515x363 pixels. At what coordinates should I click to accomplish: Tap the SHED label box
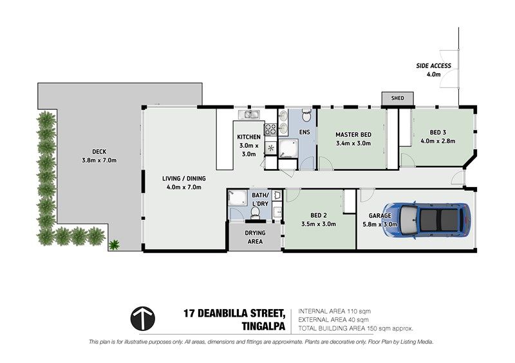(x=397, y=98)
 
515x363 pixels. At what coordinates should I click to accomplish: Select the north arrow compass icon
(x=143, y=319)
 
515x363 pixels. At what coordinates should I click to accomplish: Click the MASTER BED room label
(x=353, y=134)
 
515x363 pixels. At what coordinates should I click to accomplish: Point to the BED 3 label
(x=438, y=132)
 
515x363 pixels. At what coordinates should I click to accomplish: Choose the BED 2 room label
(x=318, y=215)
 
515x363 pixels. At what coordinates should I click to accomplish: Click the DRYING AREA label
(x=255, y=237)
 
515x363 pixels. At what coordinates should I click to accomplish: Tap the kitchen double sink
(x=249, y=114)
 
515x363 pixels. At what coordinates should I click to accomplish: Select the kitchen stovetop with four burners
(x=270, y=129)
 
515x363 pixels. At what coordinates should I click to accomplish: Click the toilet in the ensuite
(x=306, y=115)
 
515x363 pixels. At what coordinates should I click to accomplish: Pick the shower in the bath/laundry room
(x=238, y=197)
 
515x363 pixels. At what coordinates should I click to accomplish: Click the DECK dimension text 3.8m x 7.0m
(x=99, y=161)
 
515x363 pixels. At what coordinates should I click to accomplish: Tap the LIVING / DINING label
(x=184, y=179)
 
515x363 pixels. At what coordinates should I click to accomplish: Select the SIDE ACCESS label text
(x=433, y=66)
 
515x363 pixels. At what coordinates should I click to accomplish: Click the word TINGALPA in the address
(x=263, y=326)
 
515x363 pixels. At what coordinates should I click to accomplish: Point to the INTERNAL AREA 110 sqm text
(x=334, y=311)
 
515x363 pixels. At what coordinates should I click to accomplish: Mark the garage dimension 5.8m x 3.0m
(x=380, y=224)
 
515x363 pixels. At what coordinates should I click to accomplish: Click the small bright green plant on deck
(x=114, y=245)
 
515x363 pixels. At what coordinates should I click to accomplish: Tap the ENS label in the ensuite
(x=304, y=132)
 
